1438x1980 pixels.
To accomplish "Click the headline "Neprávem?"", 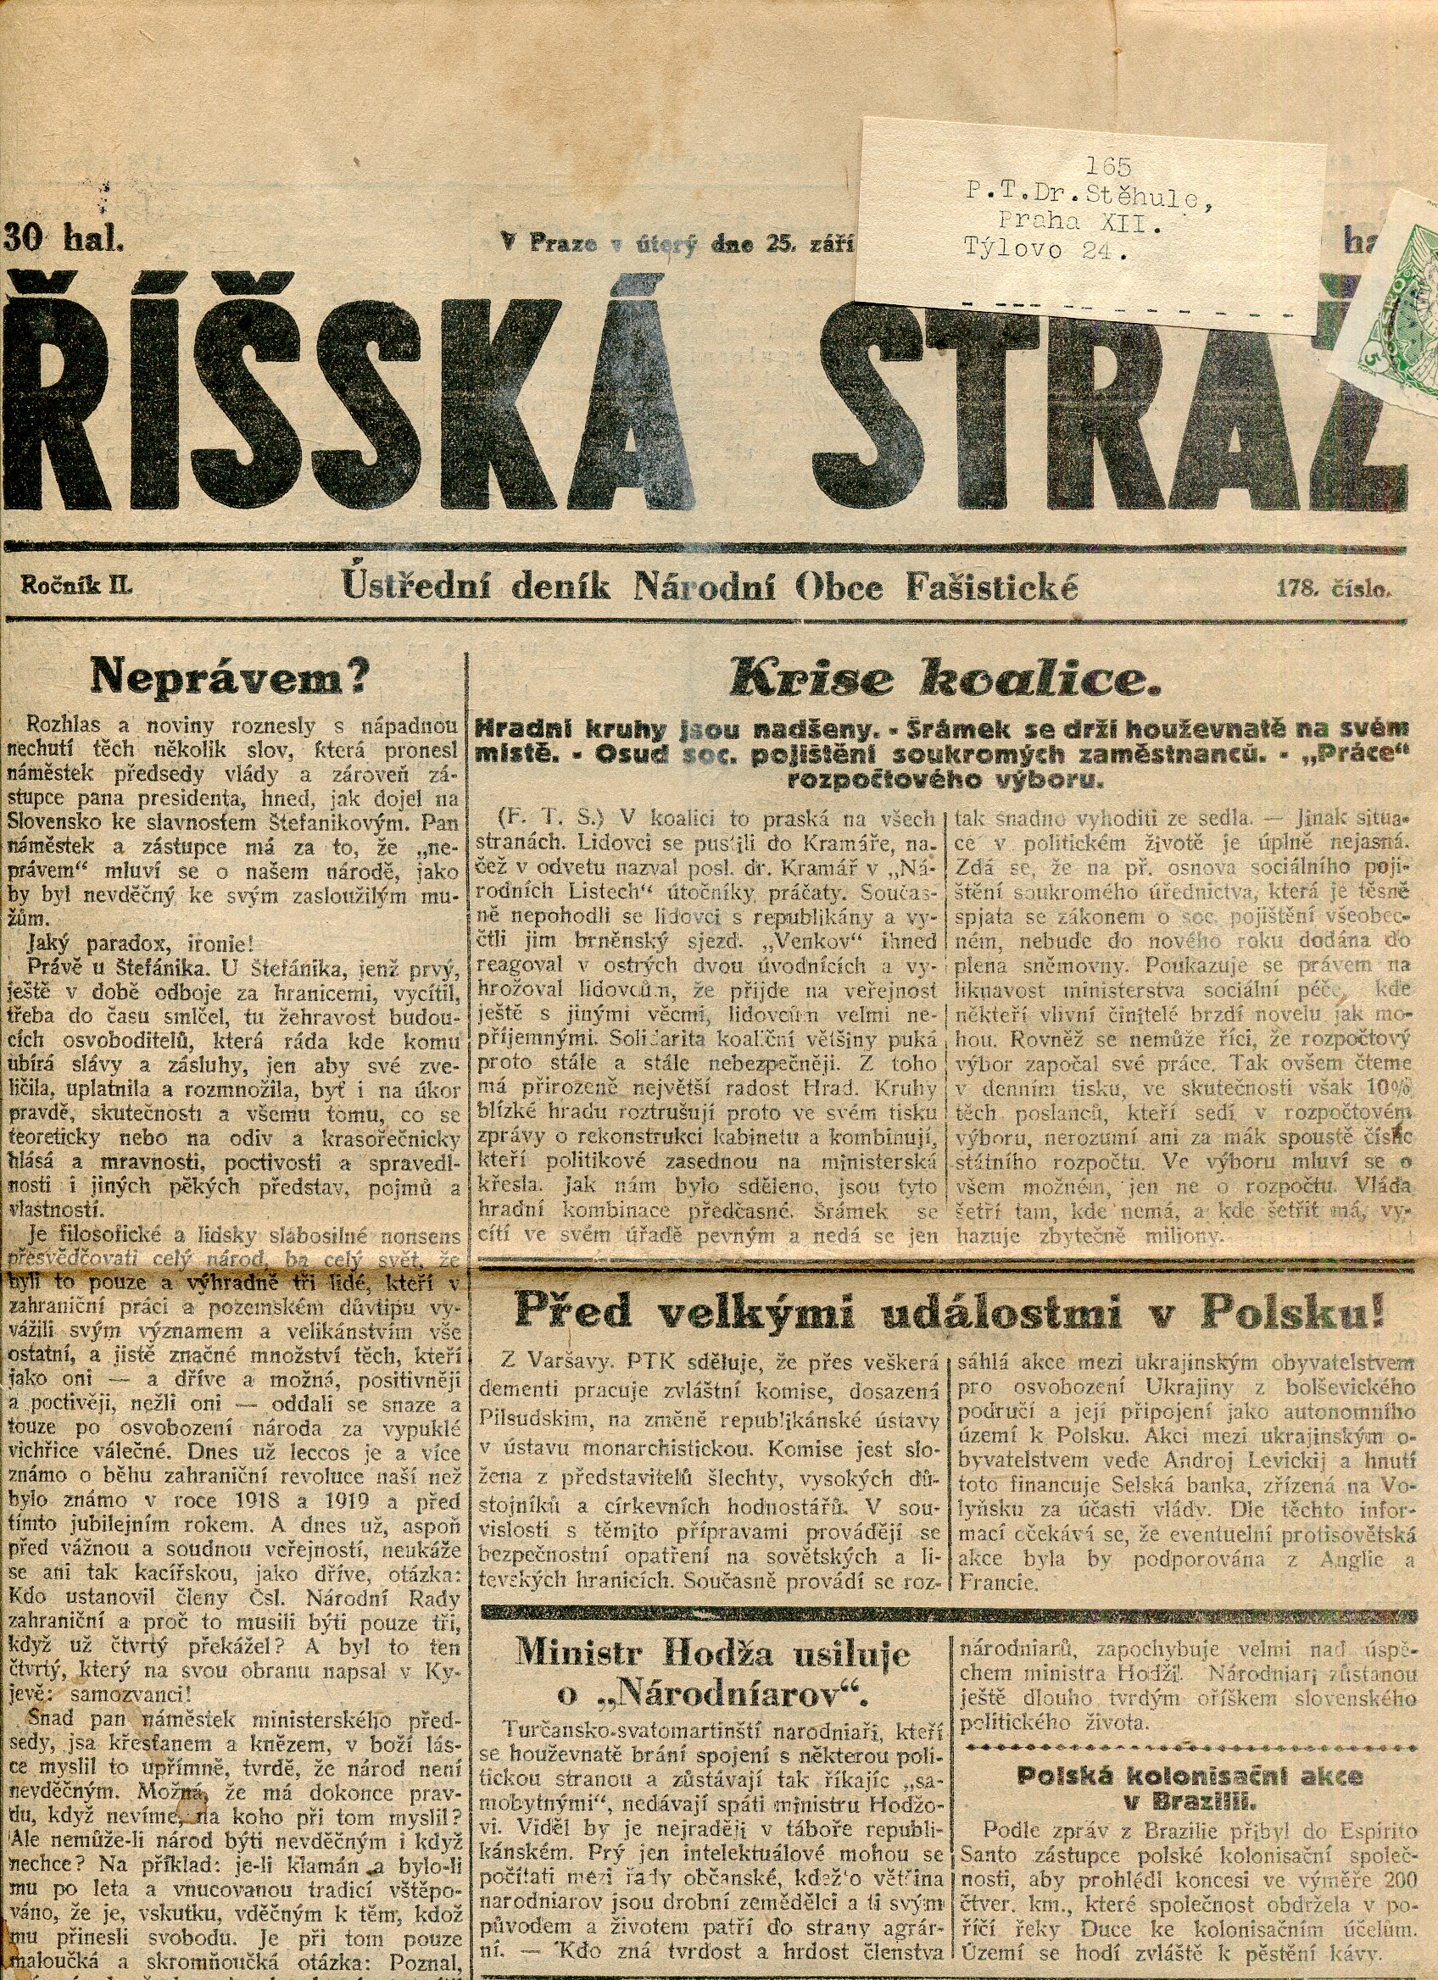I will point(231,675).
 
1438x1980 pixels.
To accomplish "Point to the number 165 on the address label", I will point(1109,166).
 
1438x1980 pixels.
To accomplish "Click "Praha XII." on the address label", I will point(1079,223).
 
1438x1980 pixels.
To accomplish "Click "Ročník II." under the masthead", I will point(78,587).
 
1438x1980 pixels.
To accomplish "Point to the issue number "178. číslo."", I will point(1331,588).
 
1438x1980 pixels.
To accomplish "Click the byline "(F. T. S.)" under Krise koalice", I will point(550,819).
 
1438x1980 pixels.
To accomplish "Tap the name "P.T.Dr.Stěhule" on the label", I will point(1088,195).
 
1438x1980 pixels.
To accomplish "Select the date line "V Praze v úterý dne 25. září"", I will point(677,243).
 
